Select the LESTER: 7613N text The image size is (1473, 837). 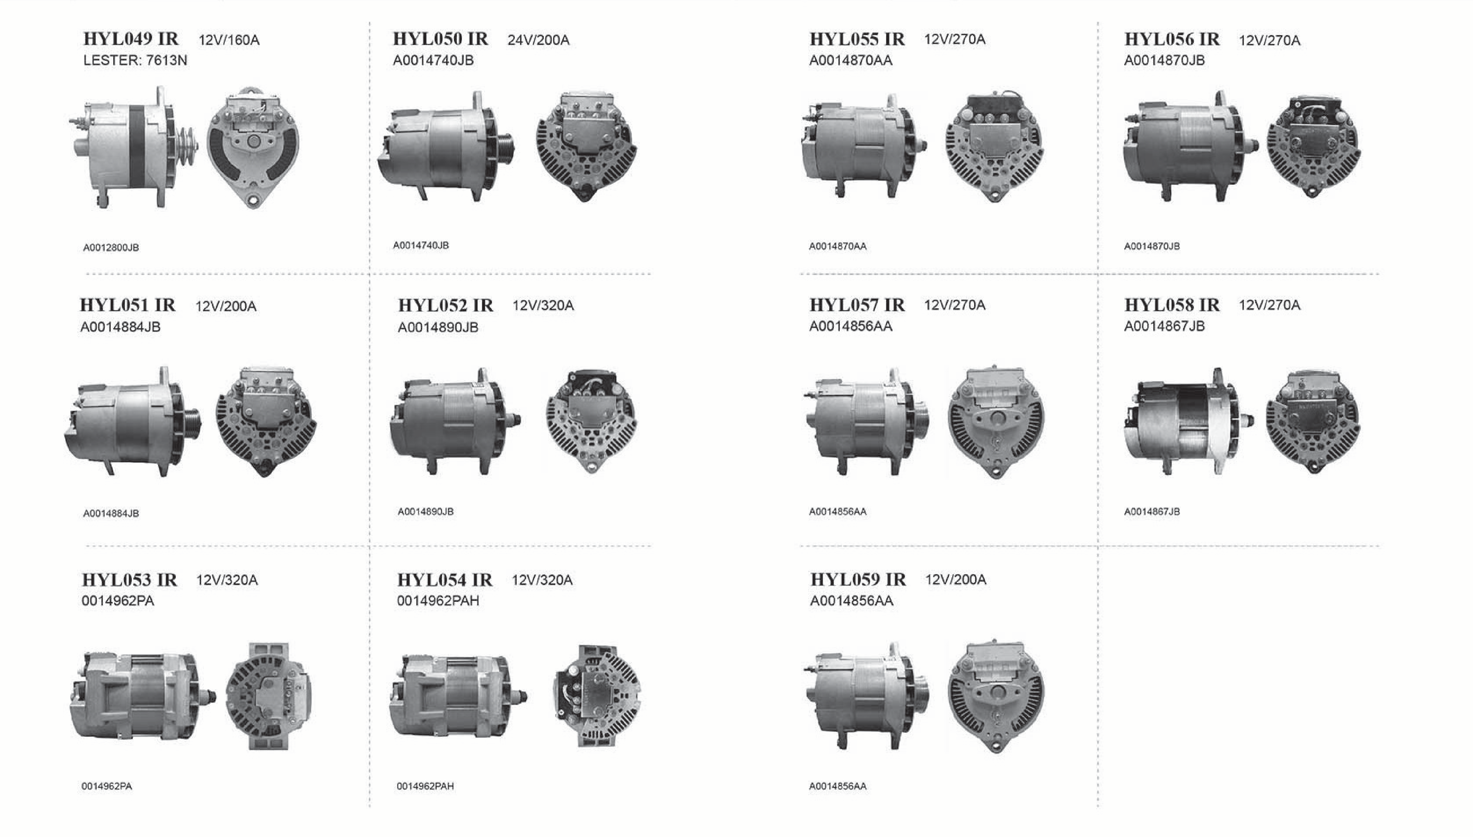[135, 60]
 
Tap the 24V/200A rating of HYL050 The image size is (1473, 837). [538, 40]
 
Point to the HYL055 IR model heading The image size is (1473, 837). [857, 39]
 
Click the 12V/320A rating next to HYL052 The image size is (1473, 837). [543, 306]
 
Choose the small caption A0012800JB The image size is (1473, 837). [111, 248]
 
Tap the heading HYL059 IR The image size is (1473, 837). [858, 579]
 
